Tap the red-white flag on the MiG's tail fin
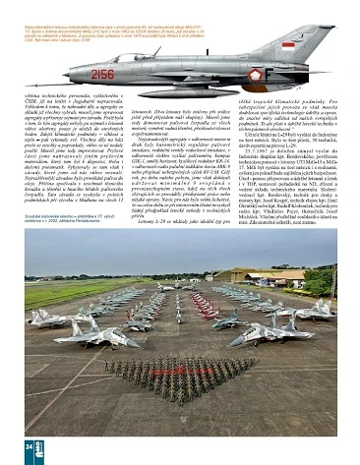click(x=289, y=44)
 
